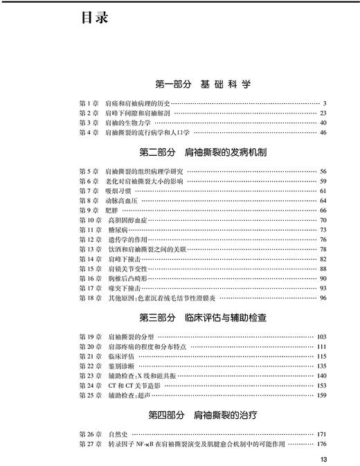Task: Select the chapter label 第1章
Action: point(89,104)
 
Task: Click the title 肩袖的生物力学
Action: point(129,123)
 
